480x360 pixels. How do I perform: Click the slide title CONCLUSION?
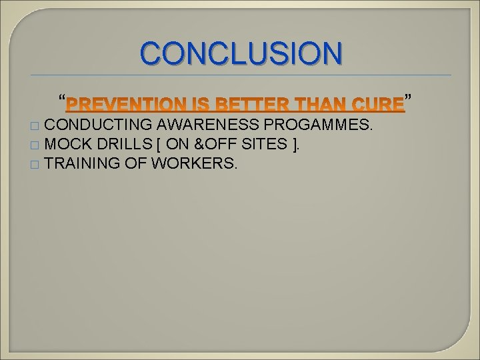coord(242,53)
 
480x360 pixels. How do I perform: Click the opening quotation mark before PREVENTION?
coord(62,101)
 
